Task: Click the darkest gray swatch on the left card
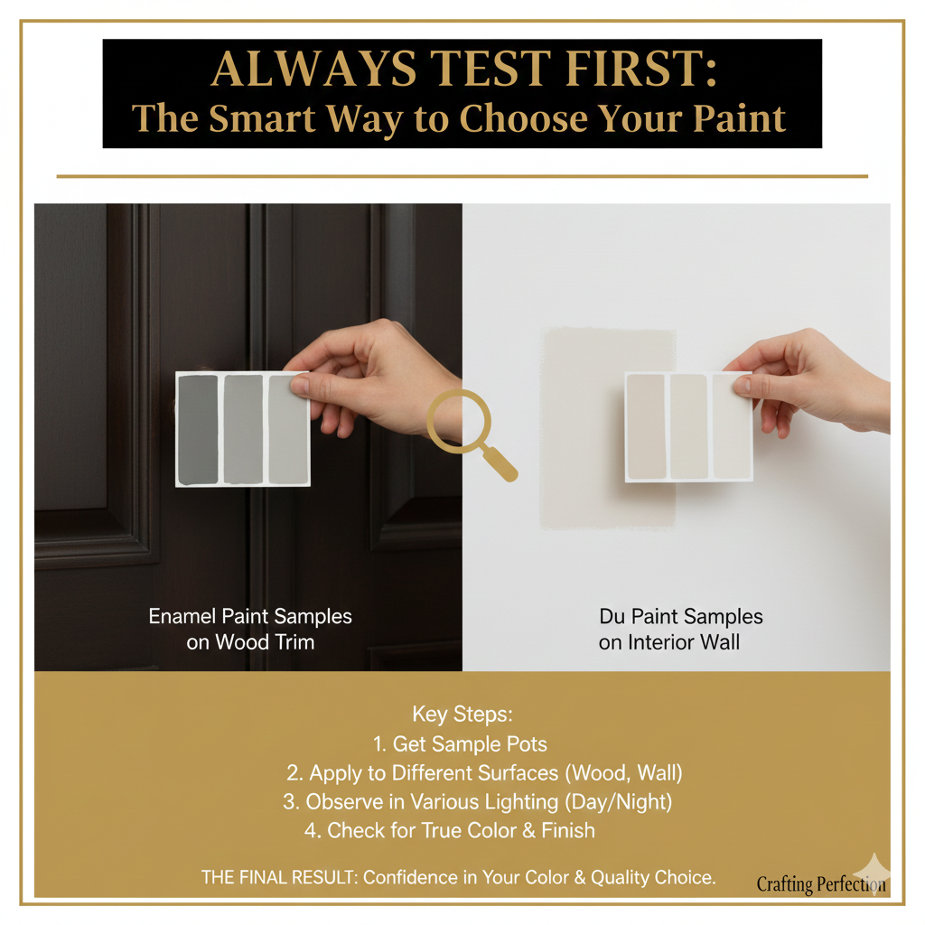pos(198,430)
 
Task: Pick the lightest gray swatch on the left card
pos(288,430)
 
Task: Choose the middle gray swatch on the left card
pos(243,430)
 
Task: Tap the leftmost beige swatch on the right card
pos(646,426)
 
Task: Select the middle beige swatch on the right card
pos(689,426)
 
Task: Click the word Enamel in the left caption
pos(182,616)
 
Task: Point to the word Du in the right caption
pos(612,616)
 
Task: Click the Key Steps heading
pos(462,715)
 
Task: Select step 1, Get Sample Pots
pos(460,744)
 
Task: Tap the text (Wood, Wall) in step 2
pos(623,773)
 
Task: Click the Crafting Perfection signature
pos(820,884)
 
